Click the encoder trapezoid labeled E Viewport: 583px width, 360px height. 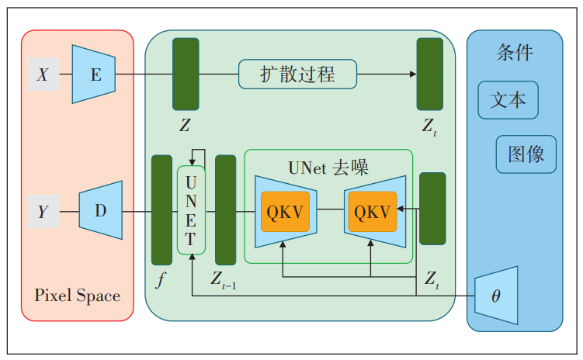pos(94,74)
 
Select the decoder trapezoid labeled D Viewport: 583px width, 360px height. pos(101,210)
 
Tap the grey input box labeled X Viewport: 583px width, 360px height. pos(43,74)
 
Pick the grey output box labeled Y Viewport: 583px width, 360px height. pos(43,212)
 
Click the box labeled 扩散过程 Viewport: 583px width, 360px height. pos(297,74)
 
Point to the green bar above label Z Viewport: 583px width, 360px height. pos(186,74)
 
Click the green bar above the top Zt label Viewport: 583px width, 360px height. pos(429,74)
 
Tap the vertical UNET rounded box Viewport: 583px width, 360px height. pos(191,210)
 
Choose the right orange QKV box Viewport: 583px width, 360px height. pos(372,212)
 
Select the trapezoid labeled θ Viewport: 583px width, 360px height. pos(496,296)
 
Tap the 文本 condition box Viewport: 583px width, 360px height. pos(508,100)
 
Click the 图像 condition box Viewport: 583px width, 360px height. pos(526,154)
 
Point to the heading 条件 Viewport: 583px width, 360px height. pos(514,53)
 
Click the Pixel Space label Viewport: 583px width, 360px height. pos(77,296)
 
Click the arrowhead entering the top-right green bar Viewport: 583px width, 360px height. pos(412,74)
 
